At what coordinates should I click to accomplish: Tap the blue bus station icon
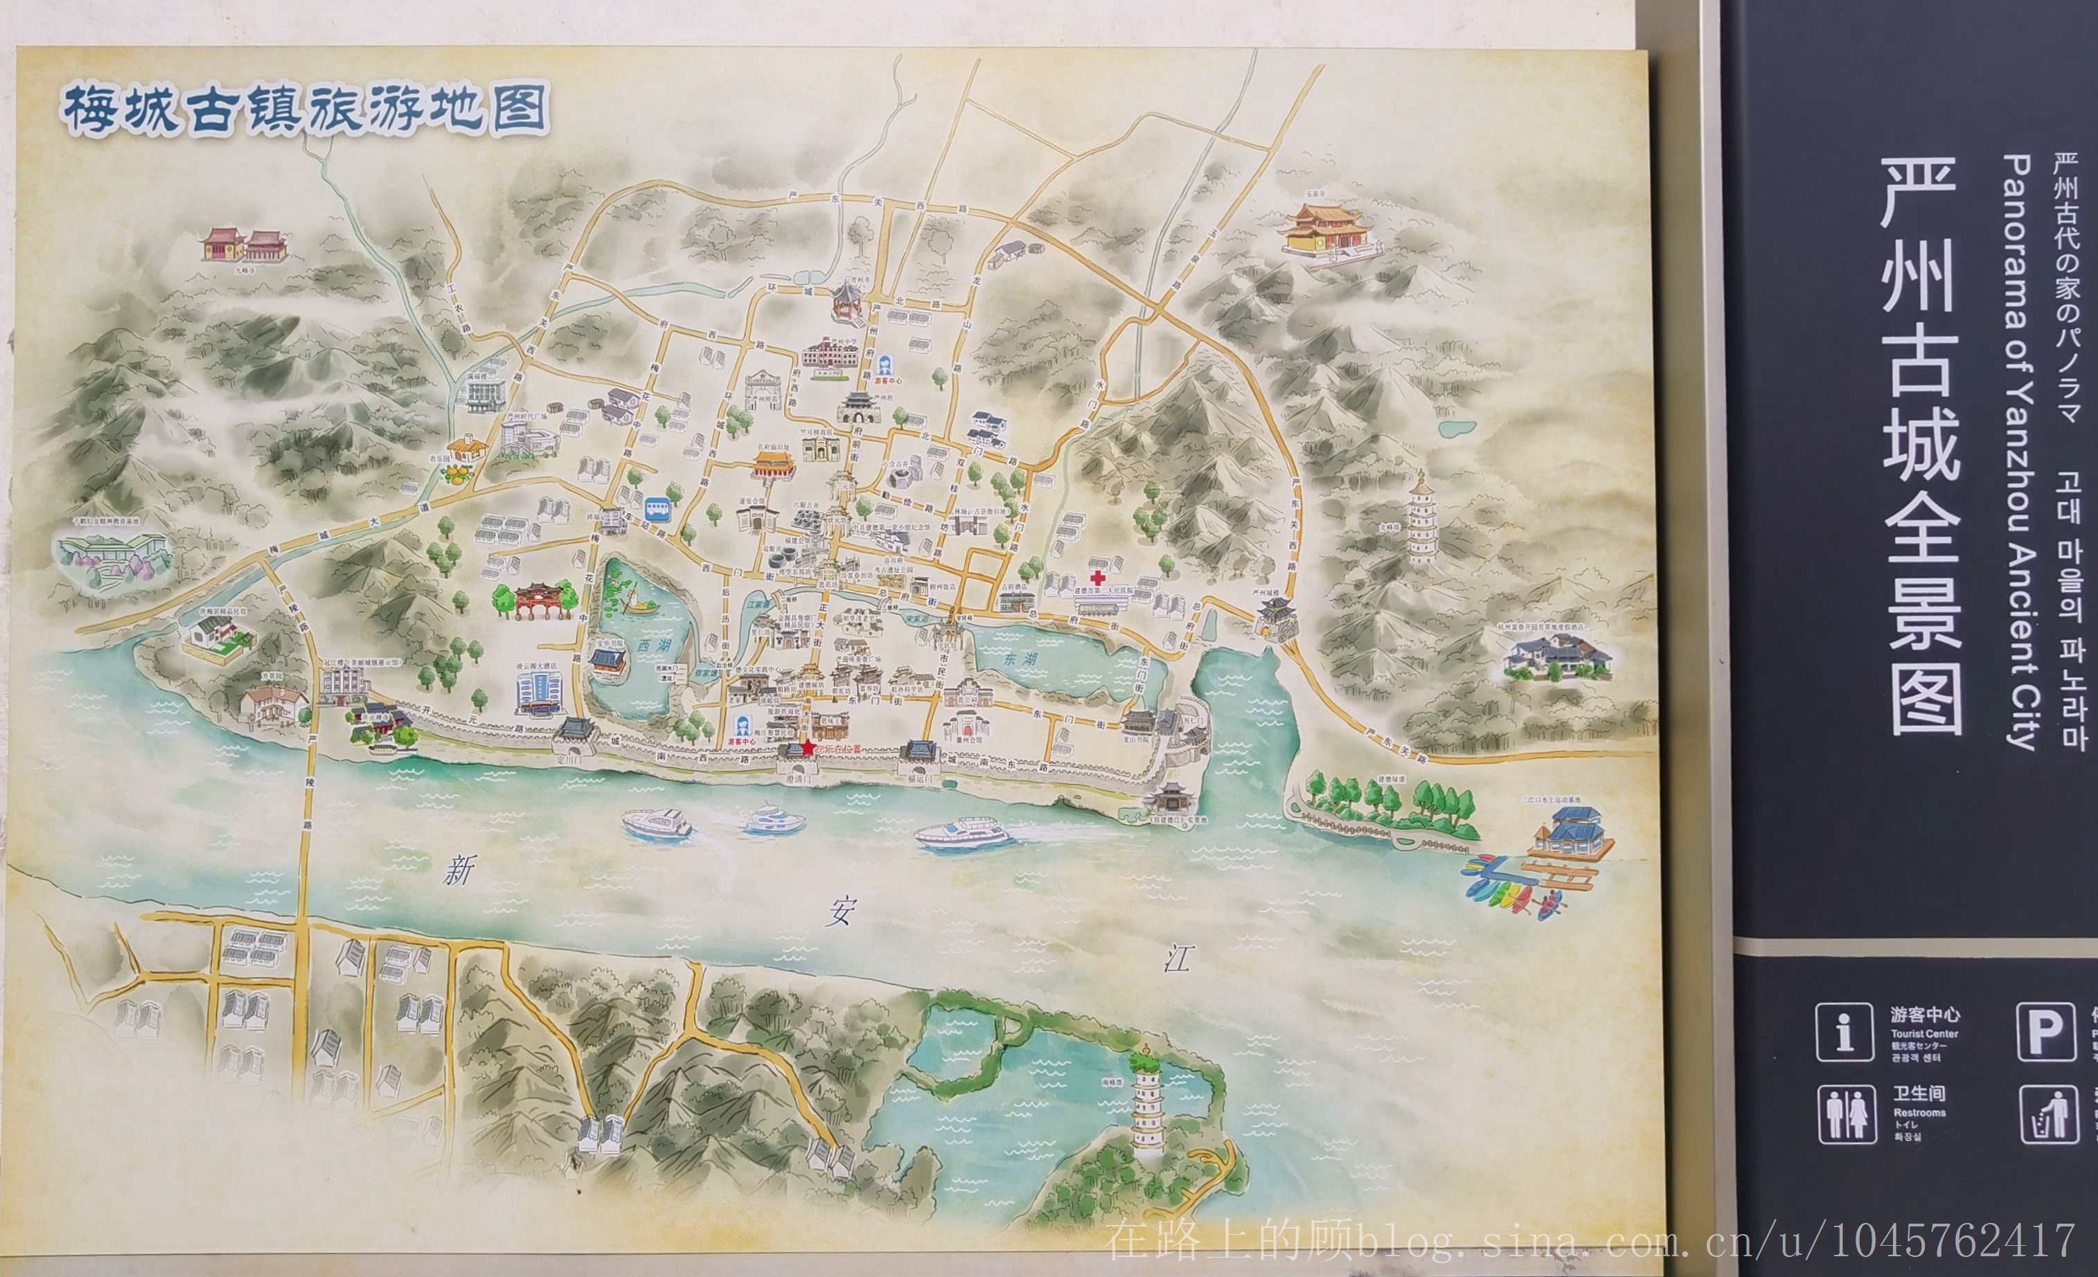click(657, 509)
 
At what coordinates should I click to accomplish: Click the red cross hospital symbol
click(1098, 577)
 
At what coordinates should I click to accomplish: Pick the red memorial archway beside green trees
click(534, 600)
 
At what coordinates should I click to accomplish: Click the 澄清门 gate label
click(799, 779)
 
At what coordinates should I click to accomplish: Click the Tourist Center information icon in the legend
click(1844, 1031)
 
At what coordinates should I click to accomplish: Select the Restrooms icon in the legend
click(1846, 1113)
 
